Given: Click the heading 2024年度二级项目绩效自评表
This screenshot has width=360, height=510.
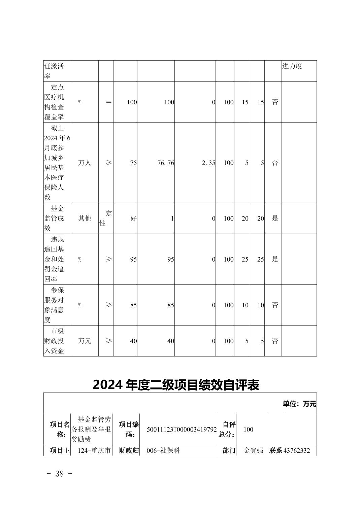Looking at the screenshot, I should pos(176,385).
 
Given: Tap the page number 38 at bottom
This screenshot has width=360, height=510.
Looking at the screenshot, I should pos(59,474).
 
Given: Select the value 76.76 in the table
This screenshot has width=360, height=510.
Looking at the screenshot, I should pos(166,163).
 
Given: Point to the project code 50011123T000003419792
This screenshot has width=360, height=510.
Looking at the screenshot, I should pos(182,430).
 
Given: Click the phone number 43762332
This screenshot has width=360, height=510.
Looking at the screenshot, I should pos(297,450).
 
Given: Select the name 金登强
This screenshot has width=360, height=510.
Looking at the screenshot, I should pos(253,450).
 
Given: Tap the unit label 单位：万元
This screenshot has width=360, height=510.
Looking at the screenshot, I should pos(299,404).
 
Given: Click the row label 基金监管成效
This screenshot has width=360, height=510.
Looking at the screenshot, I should pos(54,218).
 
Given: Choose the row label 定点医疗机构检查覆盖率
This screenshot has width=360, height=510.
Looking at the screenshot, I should pos(54,102).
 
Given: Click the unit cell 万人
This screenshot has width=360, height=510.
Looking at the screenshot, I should pos(85,163).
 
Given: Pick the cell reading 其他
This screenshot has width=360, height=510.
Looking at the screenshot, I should pos(85,218).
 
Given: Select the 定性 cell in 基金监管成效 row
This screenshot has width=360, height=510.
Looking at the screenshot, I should pos(106,218).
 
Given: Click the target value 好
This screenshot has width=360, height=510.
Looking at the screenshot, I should pos(133,218).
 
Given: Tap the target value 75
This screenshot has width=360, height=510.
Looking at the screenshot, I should pos(133,163).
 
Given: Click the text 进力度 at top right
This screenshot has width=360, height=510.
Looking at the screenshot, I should pos(292,66).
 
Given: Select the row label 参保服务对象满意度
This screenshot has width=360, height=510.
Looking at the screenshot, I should pos(54,305).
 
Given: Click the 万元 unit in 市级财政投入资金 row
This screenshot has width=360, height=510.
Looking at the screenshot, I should pos(85,341).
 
